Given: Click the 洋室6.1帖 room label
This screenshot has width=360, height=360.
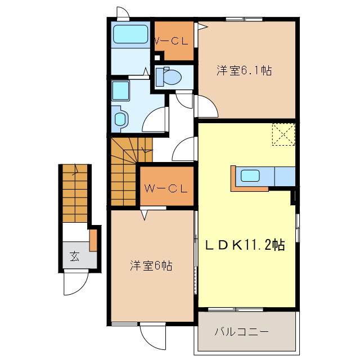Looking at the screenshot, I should (245, 71).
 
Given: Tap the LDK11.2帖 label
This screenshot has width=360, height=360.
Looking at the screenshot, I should (244, 245).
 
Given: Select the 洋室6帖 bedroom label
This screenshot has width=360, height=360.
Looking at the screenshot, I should (151, 265).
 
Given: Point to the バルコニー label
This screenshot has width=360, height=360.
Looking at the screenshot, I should (241, 331).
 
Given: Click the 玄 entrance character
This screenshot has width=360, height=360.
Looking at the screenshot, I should (74, 257).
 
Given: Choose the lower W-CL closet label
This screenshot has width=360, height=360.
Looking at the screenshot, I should (165, 188).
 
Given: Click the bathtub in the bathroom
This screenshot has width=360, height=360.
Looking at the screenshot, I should (130, 35).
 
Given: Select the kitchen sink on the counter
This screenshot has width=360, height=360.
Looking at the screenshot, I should (250, 175).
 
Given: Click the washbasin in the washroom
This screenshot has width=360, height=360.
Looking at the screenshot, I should (120, 118).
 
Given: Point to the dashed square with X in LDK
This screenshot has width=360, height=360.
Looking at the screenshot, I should (283, 134).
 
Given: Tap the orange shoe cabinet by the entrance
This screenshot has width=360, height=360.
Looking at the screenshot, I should (93, 239).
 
